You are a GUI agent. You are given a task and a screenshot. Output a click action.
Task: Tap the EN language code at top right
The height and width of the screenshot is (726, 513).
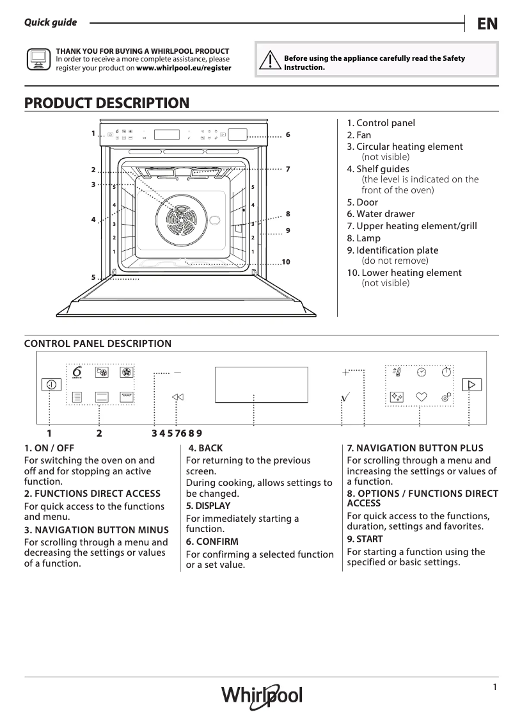point(487,24)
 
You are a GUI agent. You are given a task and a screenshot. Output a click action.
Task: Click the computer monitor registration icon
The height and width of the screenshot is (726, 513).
point(38,59)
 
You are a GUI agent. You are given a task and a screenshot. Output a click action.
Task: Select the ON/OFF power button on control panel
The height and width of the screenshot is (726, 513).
point(51,384)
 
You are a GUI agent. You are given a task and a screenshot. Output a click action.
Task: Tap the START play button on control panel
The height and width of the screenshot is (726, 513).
point(471,385)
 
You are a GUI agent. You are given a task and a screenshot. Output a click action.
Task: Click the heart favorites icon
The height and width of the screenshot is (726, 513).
point(421,397)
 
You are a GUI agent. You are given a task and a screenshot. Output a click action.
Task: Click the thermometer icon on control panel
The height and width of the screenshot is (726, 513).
point(397,371)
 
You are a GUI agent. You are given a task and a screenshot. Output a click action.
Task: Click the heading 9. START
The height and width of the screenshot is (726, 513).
point(365,539)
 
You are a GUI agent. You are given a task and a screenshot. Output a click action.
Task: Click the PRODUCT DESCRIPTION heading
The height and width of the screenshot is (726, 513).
point(106,103)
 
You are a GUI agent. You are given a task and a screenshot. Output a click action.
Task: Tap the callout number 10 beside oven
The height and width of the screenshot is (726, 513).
point(285,262)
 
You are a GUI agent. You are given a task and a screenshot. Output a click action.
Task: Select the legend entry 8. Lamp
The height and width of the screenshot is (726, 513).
point(363,238)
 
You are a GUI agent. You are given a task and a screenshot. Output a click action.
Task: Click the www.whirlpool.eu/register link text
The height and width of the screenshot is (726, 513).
point(184,68)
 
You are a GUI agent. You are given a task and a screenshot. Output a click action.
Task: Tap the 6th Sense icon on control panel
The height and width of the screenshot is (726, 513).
point(77,372)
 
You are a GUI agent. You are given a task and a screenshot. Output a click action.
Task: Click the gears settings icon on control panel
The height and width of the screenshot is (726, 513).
point(446,397)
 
